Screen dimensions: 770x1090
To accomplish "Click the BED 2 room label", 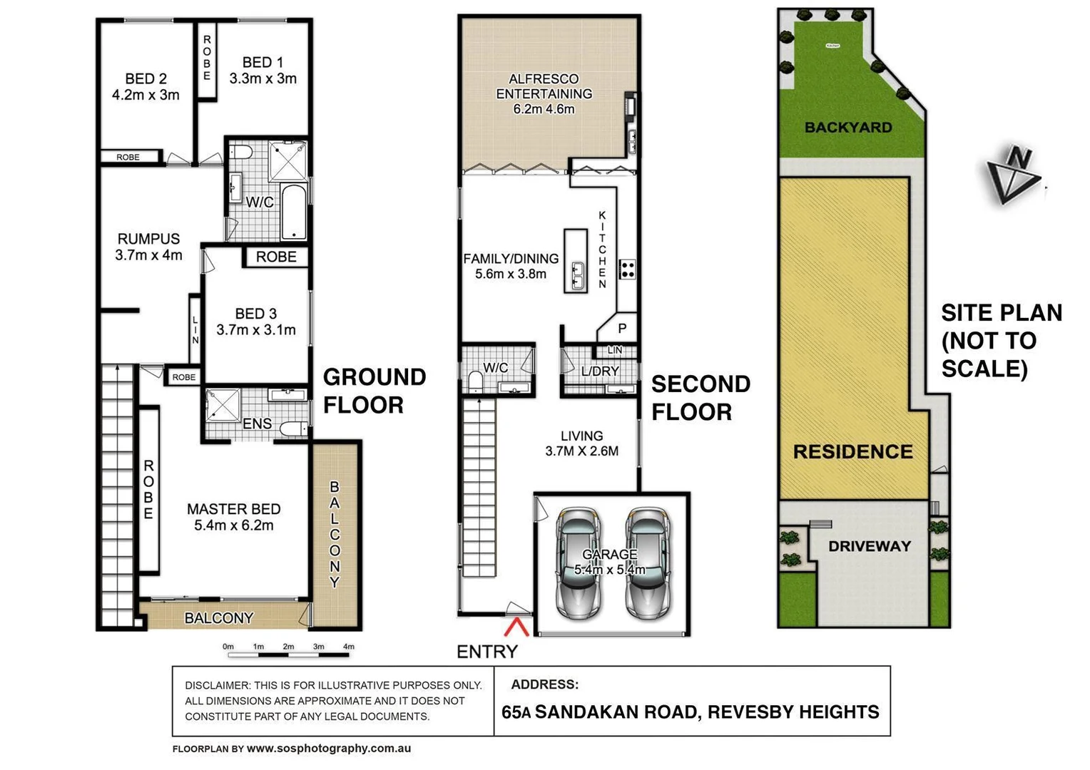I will [x=146, y=78].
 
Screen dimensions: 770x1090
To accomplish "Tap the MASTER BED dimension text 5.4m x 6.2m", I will [x=233, y=525].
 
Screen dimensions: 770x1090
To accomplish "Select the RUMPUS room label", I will [x=148, y=239].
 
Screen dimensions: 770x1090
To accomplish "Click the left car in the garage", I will [x=579, y=563].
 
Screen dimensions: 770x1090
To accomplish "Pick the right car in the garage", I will [x=648, y=563].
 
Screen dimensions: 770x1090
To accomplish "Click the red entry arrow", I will [x=516, y=627].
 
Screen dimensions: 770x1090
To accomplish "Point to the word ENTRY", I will [x=487, y=651].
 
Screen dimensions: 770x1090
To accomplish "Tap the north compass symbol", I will [x=1013, y=175].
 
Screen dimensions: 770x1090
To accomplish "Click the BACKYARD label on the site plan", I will [x=848, y=128].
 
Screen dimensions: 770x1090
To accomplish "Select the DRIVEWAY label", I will [x=869, y=546].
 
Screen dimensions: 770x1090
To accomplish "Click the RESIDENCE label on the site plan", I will [x=852, y=451].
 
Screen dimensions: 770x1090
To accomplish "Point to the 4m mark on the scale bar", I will [x=348, y=647].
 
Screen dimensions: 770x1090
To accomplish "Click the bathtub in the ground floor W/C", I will [x=294, y=212].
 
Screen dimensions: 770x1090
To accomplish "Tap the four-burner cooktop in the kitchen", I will [x=628, y=269].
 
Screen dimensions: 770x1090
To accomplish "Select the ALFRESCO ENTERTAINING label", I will [x=544, y=86].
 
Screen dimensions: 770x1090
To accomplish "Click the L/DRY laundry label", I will [x=600, y=371].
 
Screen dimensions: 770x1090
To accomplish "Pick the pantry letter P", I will [x=622, y=329].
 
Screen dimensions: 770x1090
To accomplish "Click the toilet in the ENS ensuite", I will [x=292, y=428].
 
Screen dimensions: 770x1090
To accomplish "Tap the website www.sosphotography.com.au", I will [x=328, y=749].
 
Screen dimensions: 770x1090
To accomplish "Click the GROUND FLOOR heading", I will [x=374, y=391].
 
